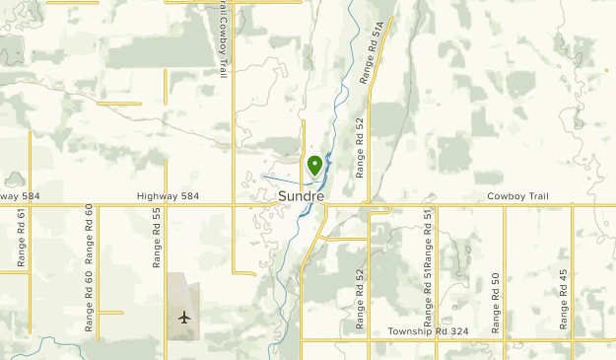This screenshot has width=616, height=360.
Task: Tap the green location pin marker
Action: (314, 166)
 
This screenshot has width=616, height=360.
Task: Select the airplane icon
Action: (184, 317)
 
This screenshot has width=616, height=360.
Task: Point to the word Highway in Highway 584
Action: (157, 196)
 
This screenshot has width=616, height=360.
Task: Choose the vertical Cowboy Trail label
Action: (224, 40)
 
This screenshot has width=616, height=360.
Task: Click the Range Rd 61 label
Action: (21, 237)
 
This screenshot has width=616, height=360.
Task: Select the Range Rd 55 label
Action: (156, 237)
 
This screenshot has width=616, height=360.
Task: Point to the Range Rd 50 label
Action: (495, 301)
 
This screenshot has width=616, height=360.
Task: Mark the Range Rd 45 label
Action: (563, 298)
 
